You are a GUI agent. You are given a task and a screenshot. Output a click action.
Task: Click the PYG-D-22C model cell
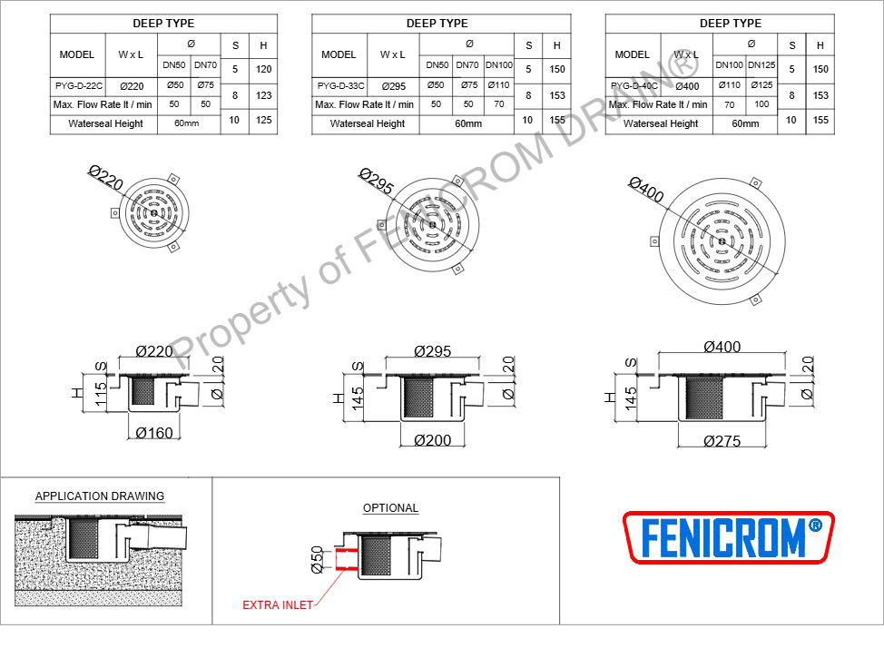pos(78,85)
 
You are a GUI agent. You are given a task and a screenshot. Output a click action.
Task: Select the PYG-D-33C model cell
pos(340,85)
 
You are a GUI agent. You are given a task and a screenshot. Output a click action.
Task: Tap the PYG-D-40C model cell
pos(634,85)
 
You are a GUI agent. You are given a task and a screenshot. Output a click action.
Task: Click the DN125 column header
pos(761,64)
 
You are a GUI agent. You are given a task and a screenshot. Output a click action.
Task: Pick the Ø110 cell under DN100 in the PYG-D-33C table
pos(499,85)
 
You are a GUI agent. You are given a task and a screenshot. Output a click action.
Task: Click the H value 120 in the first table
pos(263,69)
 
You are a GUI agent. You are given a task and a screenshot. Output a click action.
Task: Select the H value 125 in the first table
pos(263,120)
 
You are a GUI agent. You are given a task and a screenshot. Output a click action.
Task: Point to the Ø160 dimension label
pos(154,433)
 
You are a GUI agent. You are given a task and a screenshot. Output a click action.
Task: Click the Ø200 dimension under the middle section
pos(432,440)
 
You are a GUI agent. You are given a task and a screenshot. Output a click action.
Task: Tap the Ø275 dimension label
pos(722,441)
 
